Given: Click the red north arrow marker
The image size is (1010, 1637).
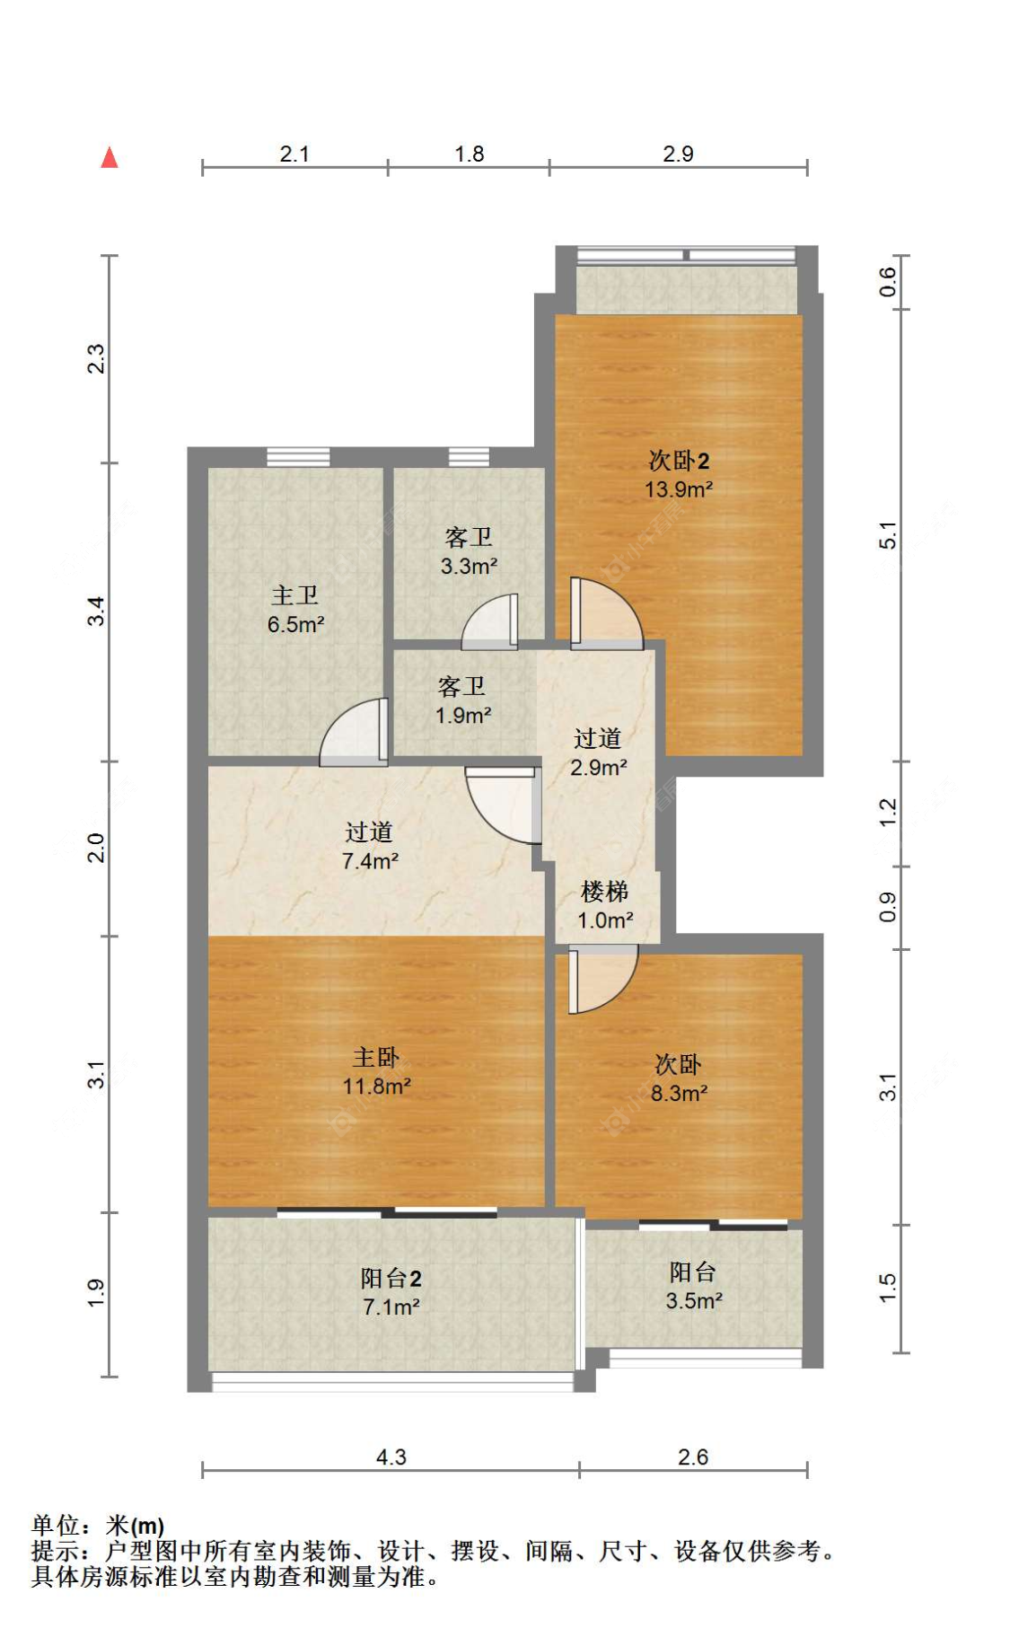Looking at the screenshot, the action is click(x=110, y=158).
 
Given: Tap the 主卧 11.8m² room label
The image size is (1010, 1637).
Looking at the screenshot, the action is click(x=377, y=1071).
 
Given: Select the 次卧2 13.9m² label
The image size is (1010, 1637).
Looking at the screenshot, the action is click(x=679, y=475).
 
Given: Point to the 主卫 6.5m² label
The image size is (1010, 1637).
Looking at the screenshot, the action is click(x=295, y=610).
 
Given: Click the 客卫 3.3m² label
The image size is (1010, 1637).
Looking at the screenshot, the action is click(x=469, y=551).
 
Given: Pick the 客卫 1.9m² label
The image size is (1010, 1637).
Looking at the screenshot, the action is click(x=463, y=701).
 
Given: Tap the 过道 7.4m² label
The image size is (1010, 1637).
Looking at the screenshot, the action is click(x=370, y=846).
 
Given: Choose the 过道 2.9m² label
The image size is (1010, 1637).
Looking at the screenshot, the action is click(x=599, y=752).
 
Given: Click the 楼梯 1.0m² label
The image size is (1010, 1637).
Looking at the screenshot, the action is click(x=605, y=905).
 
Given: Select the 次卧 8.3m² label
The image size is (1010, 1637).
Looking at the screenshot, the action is click(x=679, y=1078).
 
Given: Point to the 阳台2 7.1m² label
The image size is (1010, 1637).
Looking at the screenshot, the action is click(x=391, y=1292).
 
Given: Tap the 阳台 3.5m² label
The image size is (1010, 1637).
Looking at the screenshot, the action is click(x=694, y=1286).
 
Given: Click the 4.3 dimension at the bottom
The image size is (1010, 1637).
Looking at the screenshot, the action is click(x=391, y=1457).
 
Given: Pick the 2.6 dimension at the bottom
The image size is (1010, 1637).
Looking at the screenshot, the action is click(x=693, y=1457).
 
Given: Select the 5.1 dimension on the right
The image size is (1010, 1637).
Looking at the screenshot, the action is click(x=887, y=535).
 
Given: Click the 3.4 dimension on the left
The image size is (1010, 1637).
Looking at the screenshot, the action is click(x=96, y=612).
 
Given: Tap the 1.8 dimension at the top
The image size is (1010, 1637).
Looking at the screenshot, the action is click(x=470, y=154).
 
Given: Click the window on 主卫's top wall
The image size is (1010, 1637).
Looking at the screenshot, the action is click(x=298, y=457).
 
